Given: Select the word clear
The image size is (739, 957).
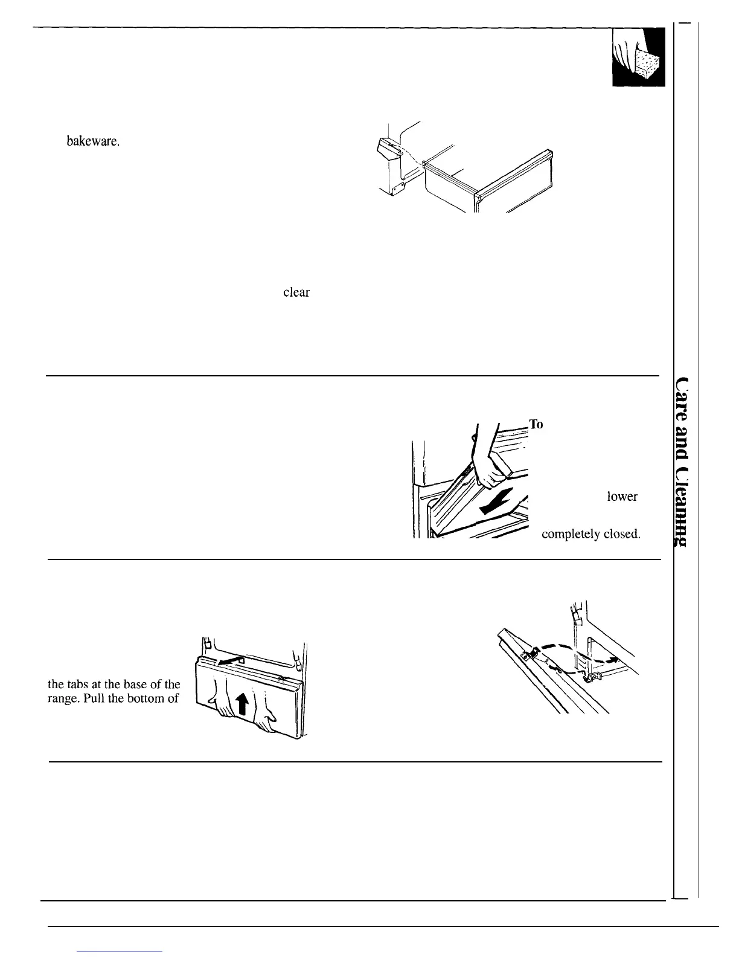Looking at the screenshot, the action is pos(296,292).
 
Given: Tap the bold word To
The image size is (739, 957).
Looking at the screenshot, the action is pos(537,424).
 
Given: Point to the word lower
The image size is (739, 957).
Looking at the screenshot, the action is pos(622,497).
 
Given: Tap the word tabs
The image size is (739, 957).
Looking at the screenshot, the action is pos(76,685).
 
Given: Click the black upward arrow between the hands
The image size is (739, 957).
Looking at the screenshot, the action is pos(242,703).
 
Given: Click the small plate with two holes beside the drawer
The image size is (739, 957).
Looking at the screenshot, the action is pos(395,190).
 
